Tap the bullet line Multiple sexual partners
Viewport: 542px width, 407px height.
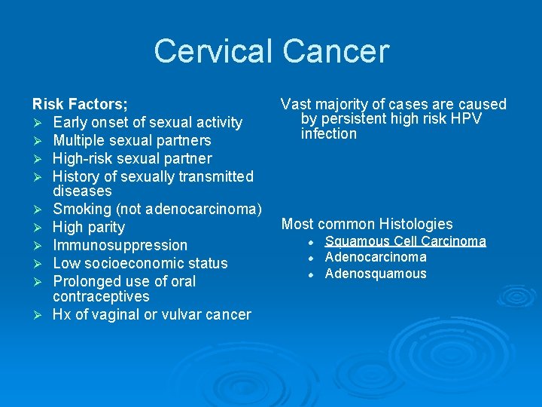point(132,140)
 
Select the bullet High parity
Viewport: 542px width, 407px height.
point(89,227)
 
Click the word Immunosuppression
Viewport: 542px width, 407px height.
point(120,245)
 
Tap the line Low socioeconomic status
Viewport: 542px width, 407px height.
point(140,263)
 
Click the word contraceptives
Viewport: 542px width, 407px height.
point(101,296)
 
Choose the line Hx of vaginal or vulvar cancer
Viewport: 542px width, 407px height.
point(151,314)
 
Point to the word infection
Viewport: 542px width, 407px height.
point(329,134)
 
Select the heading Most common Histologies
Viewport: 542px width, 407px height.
point(367,224)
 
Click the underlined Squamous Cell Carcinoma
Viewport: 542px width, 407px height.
point(405,241)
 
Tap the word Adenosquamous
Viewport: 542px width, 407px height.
point(375,274)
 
